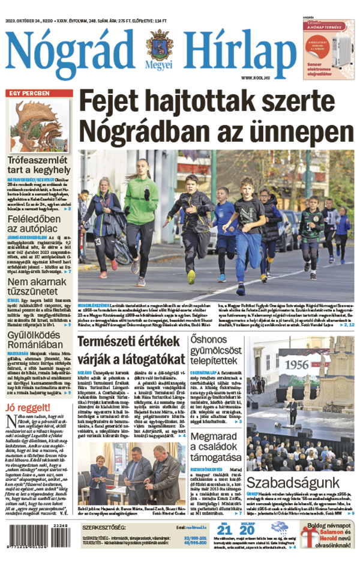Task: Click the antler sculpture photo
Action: (38, 125)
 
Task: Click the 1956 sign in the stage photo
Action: (280, 364)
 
